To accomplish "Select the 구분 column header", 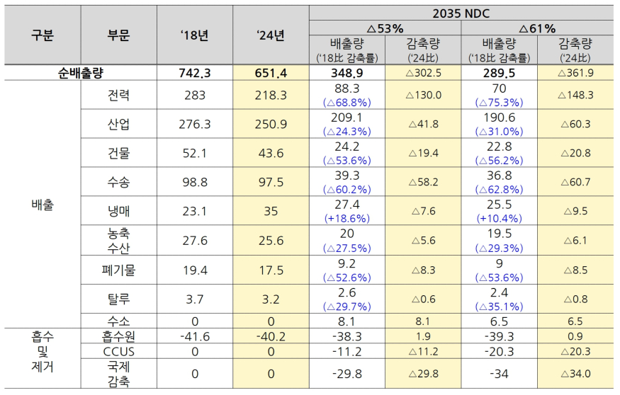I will point(42,35).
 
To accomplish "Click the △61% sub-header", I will point(537,28).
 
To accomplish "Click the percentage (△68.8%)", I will point(346,102).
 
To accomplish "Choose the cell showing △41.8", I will point(424,124).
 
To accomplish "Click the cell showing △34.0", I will point(575,374).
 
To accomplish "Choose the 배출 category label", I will point(42,205).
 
